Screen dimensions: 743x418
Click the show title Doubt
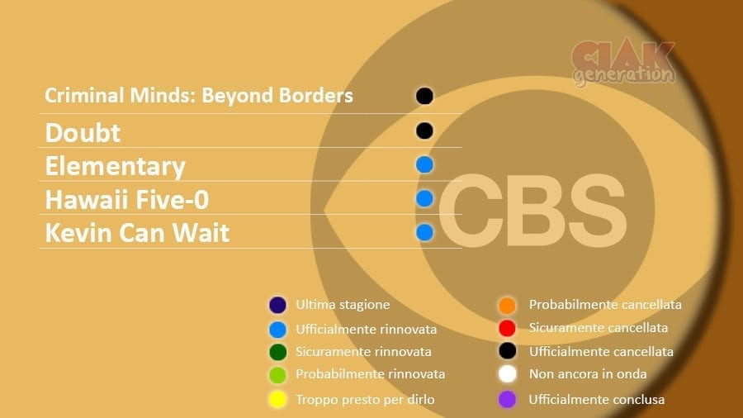point(83,133)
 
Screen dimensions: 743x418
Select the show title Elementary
point(115,167)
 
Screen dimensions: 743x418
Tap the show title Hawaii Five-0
point(127,200)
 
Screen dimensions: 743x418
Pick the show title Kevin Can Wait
point(137,233)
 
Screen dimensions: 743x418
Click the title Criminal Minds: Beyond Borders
point(199,96)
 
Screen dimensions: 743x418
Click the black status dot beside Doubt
point(424,131)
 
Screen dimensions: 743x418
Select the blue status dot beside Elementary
point(424,165)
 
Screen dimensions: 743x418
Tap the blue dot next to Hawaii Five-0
point(424,198)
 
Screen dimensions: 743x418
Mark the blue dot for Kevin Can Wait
point(424,233)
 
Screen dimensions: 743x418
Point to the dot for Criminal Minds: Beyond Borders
point(424,96)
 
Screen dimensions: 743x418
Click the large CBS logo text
point(532,210)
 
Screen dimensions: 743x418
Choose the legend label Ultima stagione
point(343,305)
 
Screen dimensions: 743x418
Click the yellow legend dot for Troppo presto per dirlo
point(277,400)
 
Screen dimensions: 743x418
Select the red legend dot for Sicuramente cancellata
point(507,328)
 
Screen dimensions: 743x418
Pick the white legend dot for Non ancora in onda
point(507,374)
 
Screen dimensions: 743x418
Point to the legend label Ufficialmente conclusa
point(597,400)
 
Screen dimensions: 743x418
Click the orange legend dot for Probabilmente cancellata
point(507,305)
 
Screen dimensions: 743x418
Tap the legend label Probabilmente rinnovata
point(371,374)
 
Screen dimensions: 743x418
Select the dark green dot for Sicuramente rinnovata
point(277,352)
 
